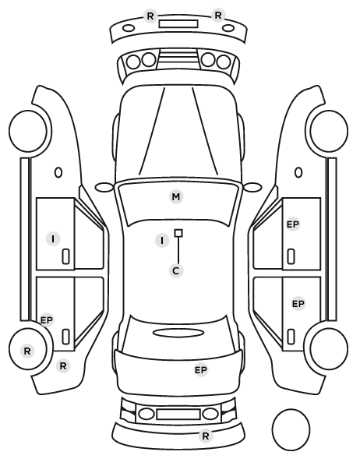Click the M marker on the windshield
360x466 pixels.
175,196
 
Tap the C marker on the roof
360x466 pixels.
176,270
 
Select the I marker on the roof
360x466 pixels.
162,241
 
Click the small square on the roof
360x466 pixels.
178,233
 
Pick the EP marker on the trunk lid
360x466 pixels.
201,370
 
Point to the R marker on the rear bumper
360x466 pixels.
206,436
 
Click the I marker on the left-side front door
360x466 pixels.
53,238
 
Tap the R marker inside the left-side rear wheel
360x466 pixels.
27,351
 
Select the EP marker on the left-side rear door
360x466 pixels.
47,320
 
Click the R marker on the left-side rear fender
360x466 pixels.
63,365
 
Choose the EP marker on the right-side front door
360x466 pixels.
293,224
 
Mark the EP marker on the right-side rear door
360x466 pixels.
298,304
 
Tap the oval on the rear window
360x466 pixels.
178,334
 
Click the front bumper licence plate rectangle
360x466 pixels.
178,24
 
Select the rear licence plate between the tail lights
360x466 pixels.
178,414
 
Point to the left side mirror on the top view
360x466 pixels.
104,188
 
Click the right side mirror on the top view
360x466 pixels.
252,187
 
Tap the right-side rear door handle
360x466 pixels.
291,337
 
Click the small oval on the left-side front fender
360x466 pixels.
58,172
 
